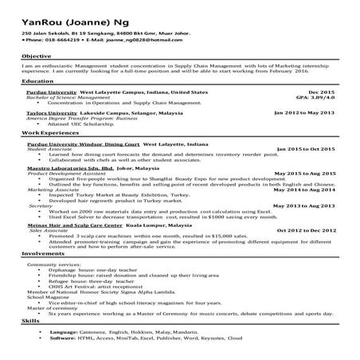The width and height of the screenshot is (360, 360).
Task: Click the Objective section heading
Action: coord(37,57)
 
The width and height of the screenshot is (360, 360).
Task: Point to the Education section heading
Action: coord(38,82)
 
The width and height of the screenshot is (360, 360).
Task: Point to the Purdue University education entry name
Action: coord(52,92)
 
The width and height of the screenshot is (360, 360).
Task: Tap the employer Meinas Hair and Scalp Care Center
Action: coord(72,226)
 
